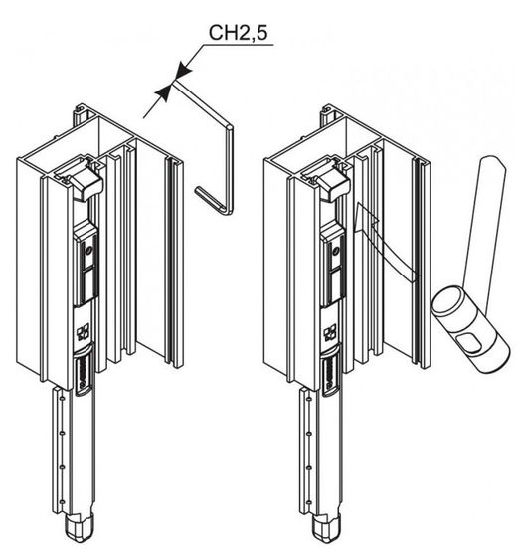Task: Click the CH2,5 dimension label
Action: tap(238, 32)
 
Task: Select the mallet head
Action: tap(469, 330)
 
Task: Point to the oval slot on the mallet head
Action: tap(469, 342)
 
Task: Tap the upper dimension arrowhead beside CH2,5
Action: tap(183, 70)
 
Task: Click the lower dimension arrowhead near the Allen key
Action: tap(163, 92)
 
